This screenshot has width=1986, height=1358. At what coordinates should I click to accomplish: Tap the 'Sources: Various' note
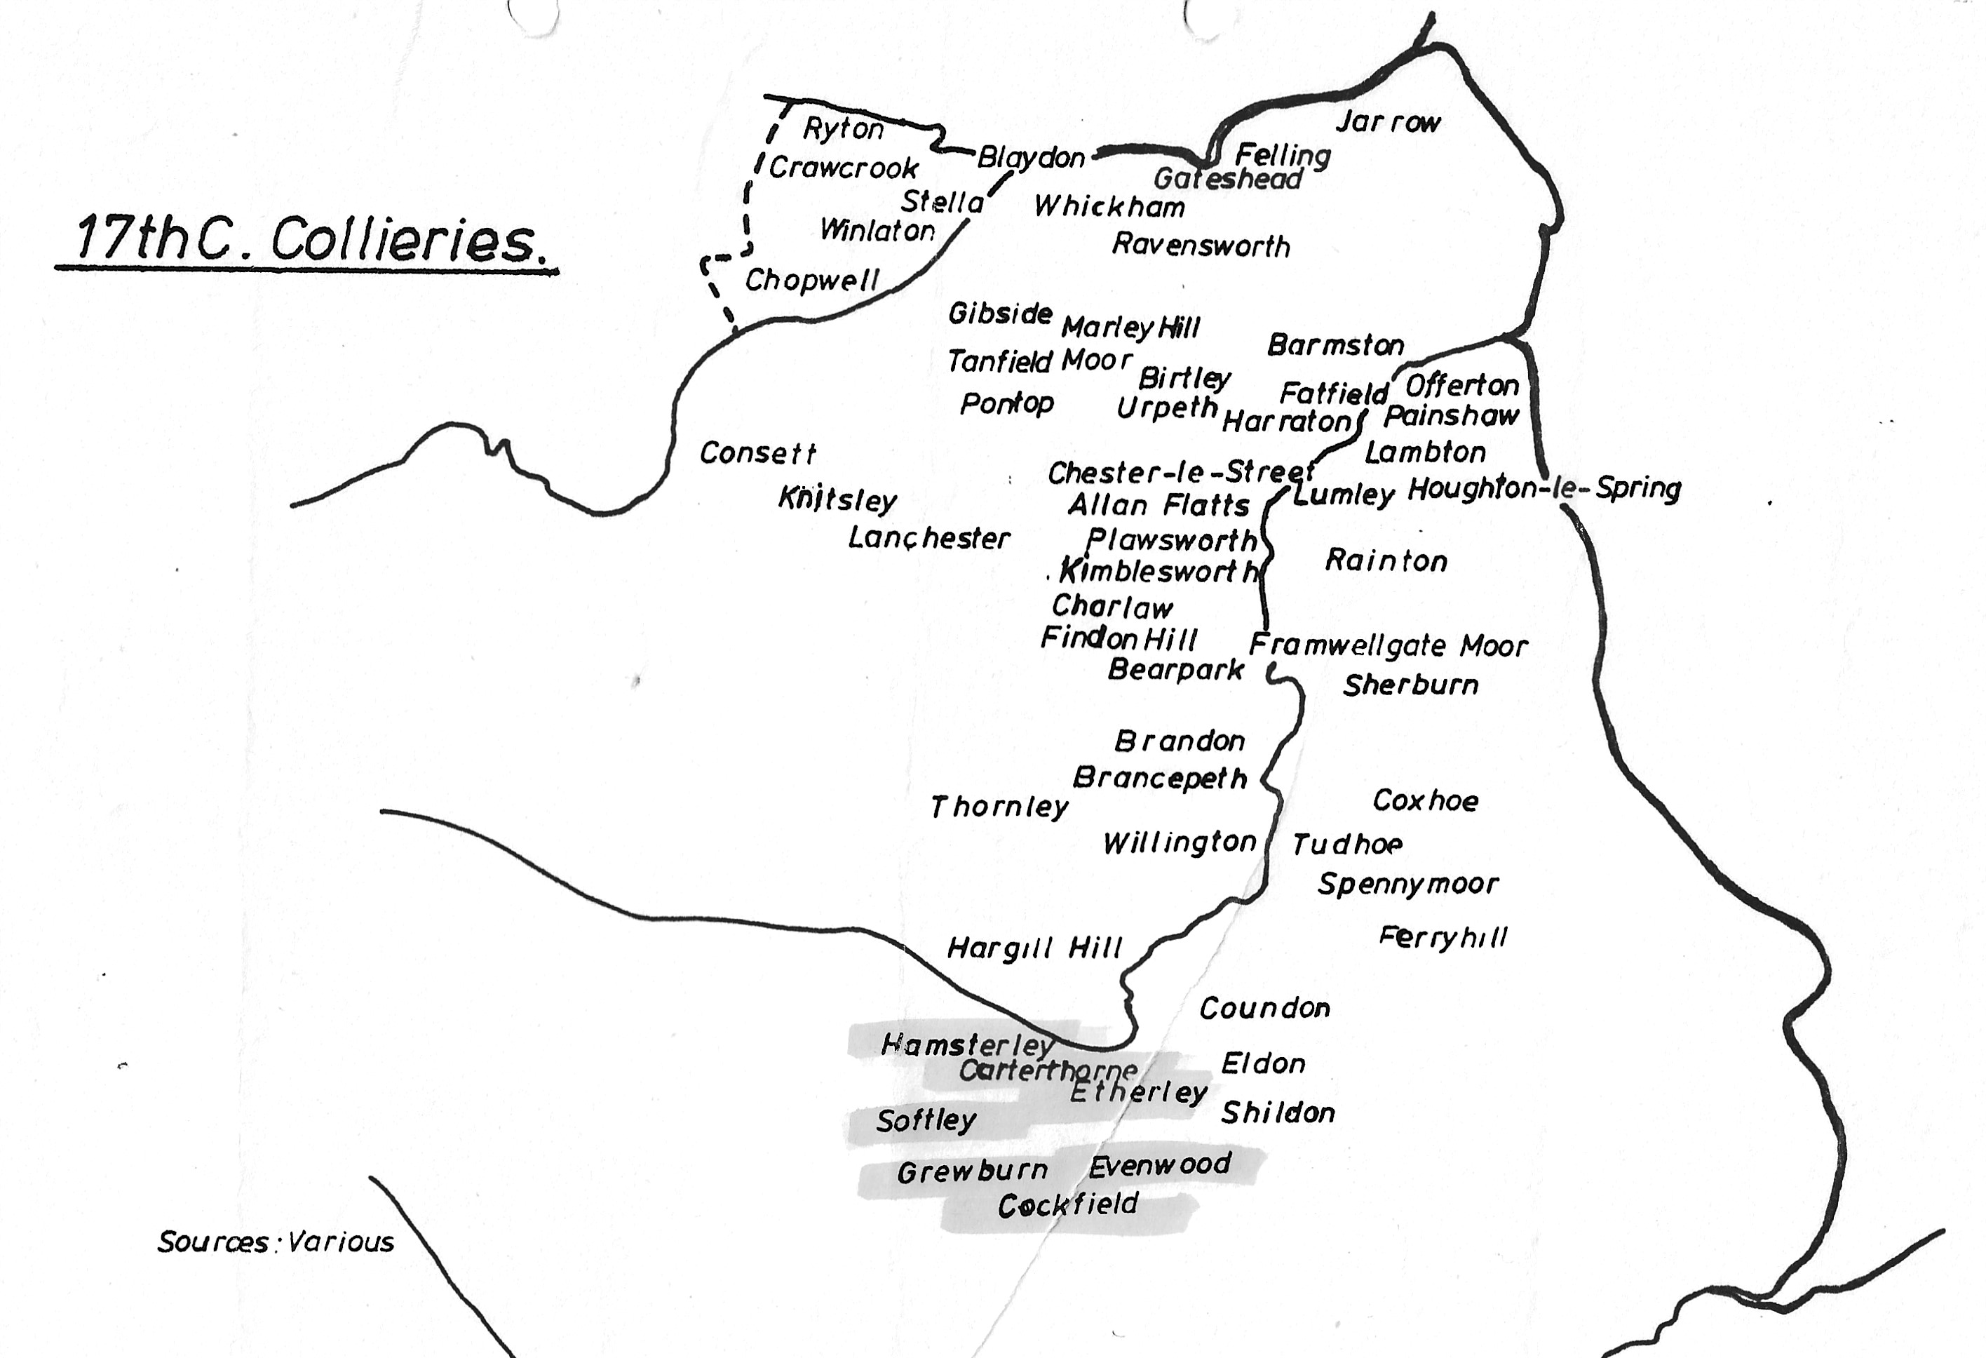[x=275, y=1241]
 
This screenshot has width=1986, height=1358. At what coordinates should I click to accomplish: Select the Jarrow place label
[x=1388, y=122]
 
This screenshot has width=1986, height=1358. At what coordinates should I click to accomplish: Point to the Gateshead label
[x=1227, y=179]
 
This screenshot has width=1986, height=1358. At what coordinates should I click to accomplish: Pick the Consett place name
[x=757, y=453]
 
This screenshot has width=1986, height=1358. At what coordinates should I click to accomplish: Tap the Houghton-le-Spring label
[x=1543, y=488]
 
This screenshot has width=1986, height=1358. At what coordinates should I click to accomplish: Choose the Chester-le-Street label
[x=1180, y=473]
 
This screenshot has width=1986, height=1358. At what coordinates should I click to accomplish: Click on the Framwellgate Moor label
[x=1388, y=645]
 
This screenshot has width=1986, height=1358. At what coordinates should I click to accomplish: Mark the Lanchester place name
[x=929, y=539]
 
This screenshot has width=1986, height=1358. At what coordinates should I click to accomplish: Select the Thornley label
[x=999, y=807]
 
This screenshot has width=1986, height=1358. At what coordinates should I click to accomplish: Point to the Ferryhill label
[x=1443, y=938]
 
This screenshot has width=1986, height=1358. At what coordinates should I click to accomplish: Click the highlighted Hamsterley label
[x=966, y=1044]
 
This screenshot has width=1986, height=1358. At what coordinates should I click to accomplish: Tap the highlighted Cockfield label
[x=1067, y=1205]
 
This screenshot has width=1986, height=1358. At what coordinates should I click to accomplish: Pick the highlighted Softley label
[x=926, y=1120]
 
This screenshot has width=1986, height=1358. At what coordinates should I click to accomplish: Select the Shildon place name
[x=1278, y=1112]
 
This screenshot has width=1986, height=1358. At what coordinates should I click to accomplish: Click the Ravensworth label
[x=1201, y=246]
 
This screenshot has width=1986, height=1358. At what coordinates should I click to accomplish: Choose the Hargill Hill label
[x=1034, y=948]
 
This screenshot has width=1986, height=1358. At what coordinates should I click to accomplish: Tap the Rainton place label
[x=1386, y=560]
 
